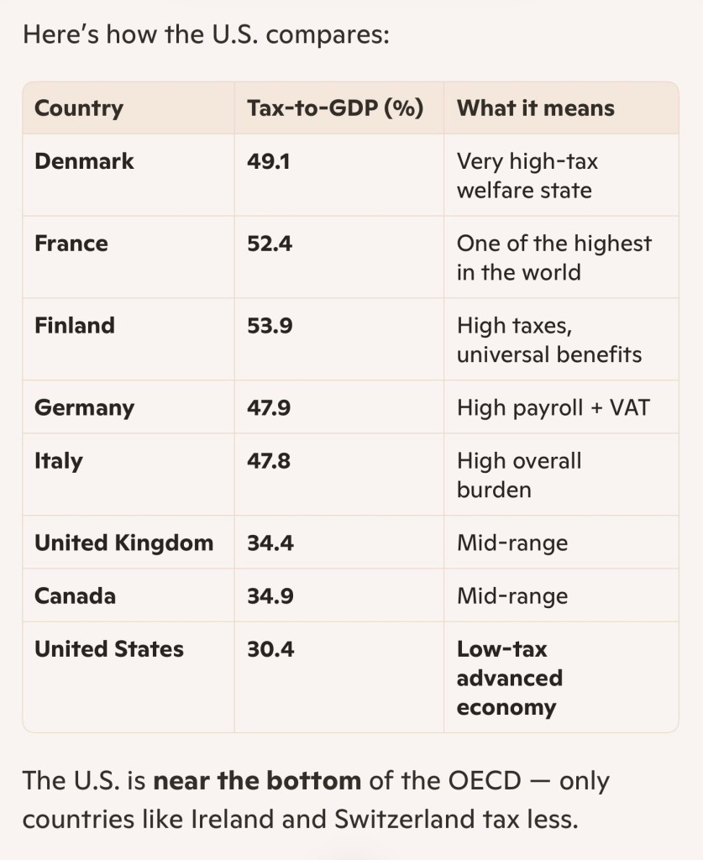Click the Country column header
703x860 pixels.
tap(78, 108)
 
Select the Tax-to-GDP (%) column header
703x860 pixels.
tap(335, 108)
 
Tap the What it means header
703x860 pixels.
tap(535, 108)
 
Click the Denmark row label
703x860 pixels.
tap(84, 161)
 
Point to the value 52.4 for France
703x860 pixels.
tap(270, 244)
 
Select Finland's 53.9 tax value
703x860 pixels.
tap(270, 326)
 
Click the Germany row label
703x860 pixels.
tap(84, 408)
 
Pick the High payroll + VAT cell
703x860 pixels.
tap(553, 407)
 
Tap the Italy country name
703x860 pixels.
tap(58, 461)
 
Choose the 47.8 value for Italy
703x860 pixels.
tap(268, 461)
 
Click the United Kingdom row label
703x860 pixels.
tap(124, 543)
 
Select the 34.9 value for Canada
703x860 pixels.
tap(270, 596)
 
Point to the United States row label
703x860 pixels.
tap(108, 649)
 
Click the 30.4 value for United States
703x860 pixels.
tap(270, 649)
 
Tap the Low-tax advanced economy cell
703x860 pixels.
tap(510, 679)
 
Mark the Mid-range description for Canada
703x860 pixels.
tap(512, 597)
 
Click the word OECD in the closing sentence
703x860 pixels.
tap(484, 780)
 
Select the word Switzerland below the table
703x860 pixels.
tap(405, 819)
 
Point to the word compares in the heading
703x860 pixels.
tap(328, 35)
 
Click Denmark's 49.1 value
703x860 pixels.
tap(268, 162)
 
